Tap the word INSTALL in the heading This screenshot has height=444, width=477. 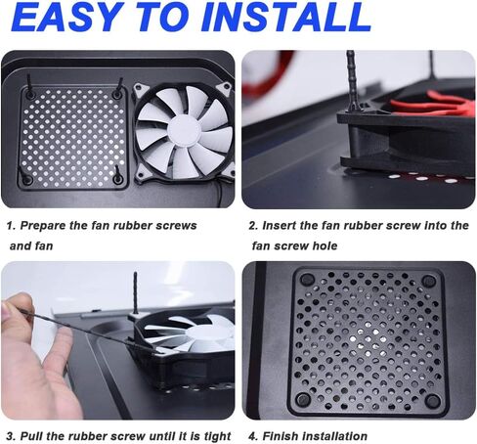click(286, 17)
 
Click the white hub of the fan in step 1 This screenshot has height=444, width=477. click(184, 131)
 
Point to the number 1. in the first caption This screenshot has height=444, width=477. click(12, 226)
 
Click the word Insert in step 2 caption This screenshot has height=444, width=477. click(280, 226)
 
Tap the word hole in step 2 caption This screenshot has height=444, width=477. click(325, 245)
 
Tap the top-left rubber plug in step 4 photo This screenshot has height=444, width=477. click(307, 280)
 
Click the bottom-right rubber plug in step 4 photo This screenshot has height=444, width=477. click(432, 401)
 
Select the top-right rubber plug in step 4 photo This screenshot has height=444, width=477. click(428, 281)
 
